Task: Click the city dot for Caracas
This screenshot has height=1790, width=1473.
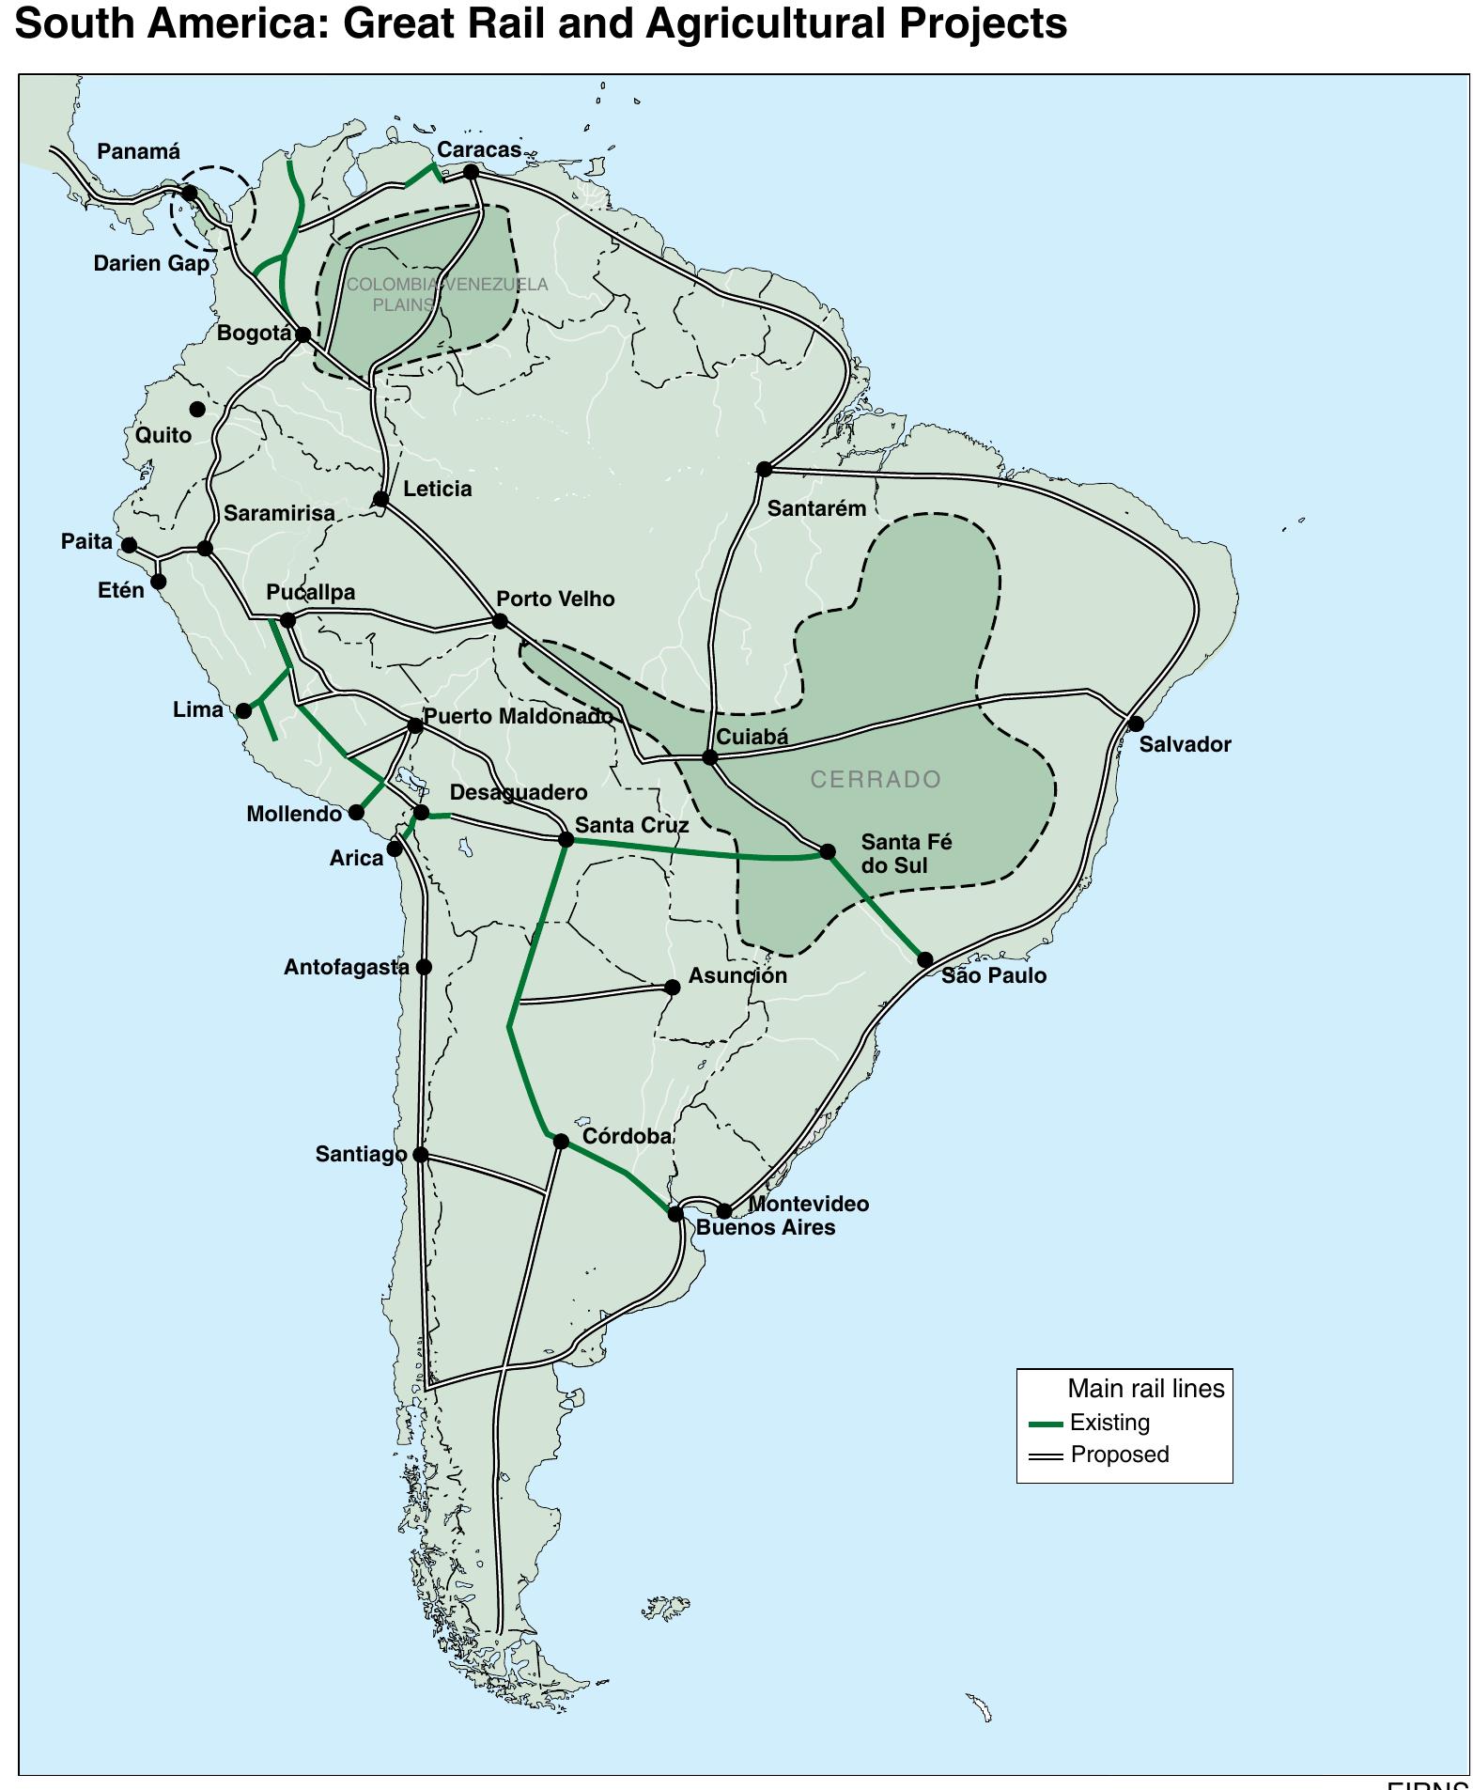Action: click(472, 172)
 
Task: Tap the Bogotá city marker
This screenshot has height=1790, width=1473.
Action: click(303, 335)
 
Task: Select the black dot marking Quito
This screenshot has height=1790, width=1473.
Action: click(197, 409)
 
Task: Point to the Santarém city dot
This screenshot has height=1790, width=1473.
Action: click(765, 469)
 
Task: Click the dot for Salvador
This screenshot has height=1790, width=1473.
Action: click(1136, 724)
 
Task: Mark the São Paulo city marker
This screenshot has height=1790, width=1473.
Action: click(925, 959)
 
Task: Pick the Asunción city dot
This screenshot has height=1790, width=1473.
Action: click(673, 987)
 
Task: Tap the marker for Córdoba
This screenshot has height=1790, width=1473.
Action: click(561, 1142)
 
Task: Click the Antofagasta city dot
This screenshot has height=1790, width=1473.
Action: click(424, 967)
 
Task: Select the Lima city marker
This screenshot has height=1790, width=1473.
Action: click(244, 710)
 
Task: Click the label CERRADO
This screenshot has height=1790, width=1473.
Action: click(876, 779)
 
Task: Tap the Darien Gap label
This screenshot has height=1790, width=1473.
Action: click(151, 263)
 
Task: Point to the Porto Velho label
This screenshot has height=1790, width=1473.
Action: click(555, 599)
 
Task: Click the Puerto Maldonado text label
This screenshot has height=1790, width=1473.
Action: click(518, 716)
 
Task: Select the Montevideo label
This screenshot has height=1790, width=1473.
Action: click(809, 1204)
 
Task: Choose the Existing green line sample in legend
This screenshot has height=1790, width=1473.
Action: click(1045, 1424)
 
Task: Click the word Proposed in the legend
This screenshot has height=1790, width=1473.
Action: click(1120, 1455)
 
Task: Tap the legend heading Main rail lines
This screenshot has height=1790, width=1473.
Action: click(1146, 1389)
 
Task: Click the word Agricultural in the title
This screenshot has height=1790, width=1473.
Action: click(764, 23)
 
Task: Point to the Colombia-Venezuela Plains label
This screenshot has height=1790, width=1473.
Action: click(447, 294)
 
